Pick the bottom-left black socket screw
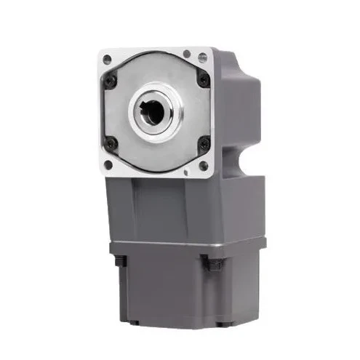[x=111, y=143]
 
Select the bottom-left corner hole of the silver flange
[x=108, y=165]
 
